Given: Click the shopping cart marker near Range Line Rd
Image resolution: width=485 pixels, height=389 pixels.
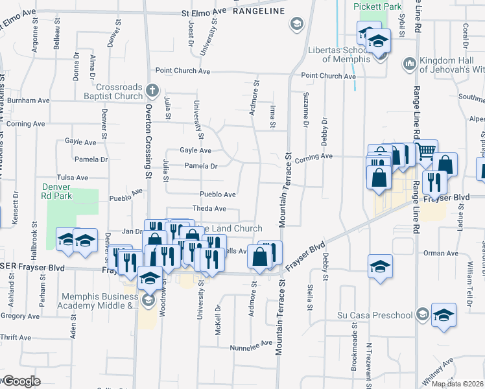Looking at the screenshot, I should (427, 152).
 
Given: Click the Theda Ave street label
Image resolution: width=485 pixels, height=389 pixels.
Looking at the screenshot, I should (208, 209).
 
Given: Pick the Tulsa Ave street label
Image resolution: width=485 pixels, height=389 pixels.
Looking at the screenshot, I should (72, 177).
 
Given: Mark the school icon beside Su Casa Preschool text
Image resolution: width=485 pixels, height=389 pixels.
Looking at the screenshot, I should (422, 315).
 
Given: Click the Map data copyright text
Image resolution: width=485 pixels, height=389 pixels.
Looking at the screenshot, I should (458, 384).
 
